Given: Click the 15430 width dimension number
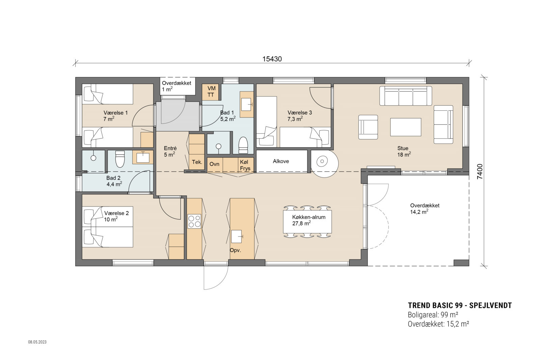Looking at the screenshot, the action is pos(272,59).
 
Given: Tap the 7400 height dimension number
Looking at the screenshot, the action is pos(480,172).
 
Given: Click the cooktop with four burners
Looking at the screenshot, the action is pos(194,221).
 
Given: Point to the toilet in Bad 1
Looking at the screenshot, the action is pos(243,145).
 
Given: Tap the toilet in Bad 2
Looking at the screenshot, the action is pos(120,159).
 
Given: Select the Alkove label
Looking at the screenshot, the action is pos(281,161).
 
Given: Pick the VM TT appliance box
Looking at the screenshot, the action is pos(211,92).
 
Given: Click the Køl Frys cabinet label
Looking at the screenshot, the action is pos(245,165).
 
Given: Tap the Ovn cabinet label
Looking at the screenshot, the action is pos(214,164).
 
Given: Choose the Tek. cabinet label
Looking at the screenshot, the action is pos(197,162).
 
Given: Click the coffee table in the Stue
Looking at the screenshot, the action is pos(406,127).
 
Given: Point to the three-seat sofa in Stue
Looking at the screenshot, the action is pos(406,96).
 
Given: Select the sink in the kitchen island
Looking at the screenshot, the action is pos(237,236).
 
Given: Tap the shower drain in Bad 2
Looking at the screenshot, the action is pos(93,158).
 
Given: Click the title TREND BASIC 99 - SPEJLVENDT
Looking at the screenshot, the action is pos(460,306).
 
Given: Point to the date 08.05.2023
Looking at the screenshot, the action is pos(37,342).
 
